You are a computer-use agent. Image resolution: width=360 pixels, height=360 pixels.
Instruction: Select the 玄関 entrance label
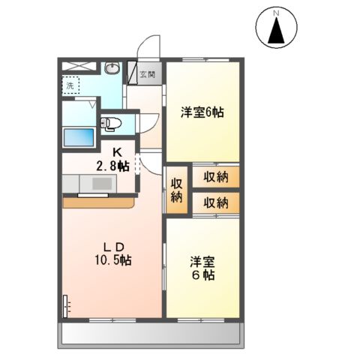pyautogui.click(x=147, y=73)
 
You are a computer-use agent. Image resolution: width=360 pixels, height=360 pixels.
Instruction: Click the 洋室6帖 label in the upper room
pyautogui.click(x=202, y=113)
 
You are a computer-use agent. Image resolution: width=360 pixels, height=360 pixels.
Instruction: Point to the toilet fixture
pyautogui.click(x=109, y=121)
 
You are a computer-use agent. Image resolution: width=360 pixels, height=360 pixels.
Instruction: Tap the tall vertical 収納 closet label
pyautogui.click(x=176, y=190)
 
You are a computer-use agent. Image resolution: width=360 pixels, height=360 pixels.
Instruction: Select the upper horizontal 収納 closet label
pyautogui.click(x=215, y=178)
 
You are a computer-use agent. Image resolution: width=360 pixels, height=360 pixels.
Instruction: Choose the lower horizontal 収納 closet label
pyautogui.click(x=215, y=202)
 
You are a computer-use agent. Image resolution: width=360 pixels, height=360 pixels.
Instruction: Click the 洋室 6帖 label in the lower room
pyautogui.click(x=202, y=268)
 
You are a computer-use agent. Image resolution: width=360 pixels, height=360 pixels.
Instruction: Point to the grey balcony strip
pyautogui.click(x=150, y=334)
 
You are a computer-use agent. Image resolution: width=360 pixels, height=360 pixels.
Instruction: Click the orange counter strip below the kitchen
pyautogui.click(x=97, y=202)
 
